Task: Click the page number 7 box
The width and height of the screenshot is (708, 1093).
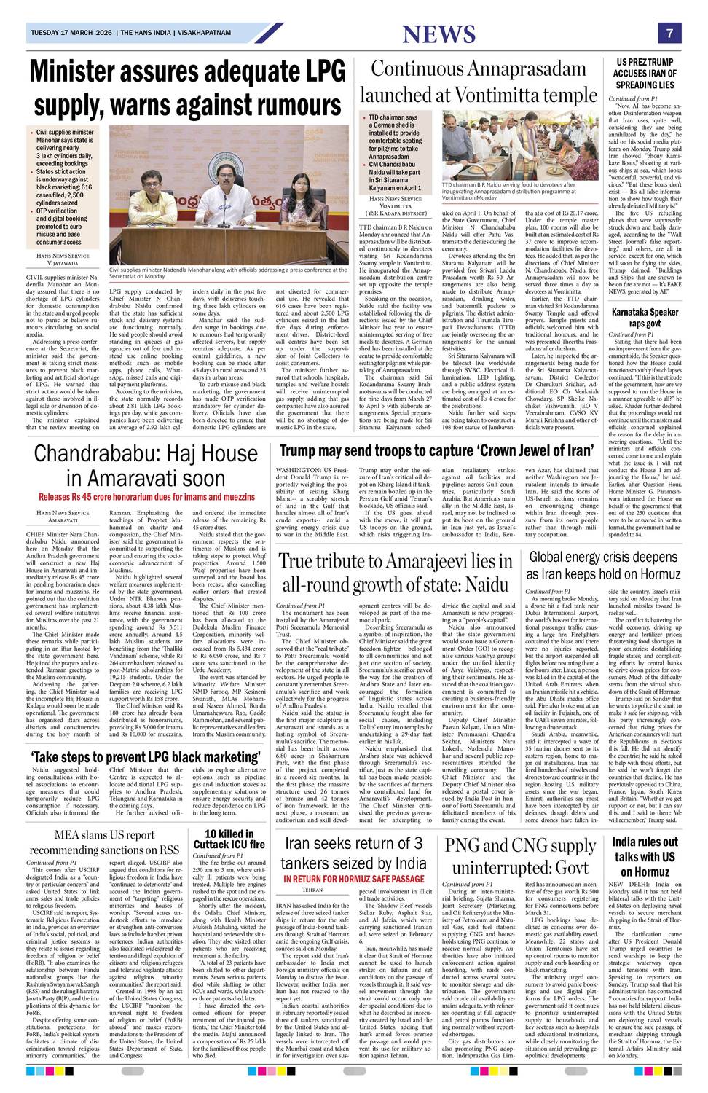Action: [669, 33]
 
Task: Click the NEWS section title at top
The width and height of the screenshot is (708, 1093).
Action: [438, 34]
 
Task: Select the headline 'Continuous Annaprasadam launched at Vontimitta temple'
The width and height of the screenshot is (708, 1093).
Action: [479, 82]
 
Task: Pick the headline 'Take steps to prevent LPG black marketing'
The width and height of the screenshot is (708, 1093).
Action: [141, 757]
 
